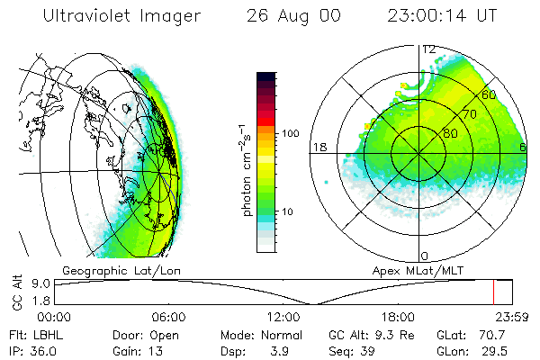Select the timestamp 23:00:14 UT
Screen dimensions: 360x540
[443, 16]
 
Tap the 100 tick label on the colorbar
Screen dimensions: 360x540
[289, 133]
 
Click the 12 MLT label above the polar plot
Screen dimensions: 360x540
[429, 49]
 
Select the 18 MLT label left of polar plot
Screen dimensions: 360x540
[318, 147]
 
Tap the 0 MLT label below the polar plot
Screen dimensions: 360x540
[425, 256]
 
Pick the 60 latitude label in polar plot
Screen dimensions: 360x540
[490, 94]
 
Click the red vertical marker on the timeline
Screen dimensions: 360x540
[493, 292]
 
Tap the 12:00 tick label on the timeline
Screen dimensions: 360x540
[283, 317]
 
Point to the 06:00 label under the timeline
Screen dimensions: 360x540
[168, 317]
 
